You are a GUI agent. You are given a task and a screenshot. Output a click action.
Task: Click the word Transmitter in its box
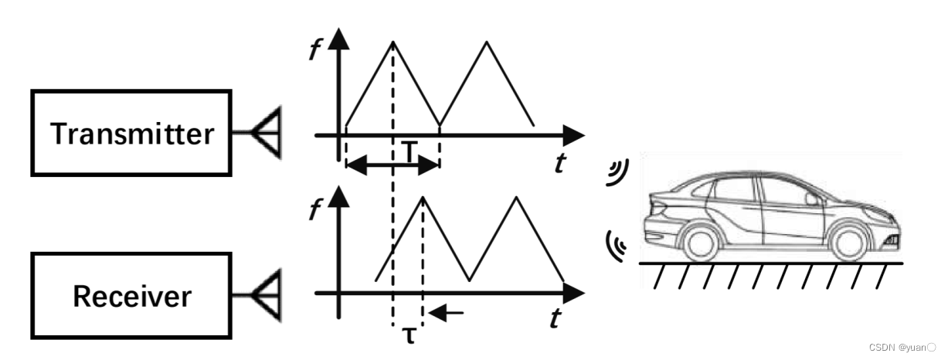(131, 134)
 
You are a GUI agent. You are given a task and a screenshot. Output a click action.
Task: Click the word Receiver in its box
(131, 295)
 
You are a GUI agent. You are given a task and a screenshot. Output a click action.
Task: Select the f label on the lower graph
(315, 210)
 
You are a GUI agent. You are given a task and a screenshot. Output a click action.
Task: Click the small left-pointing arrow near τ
(448, 313)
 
